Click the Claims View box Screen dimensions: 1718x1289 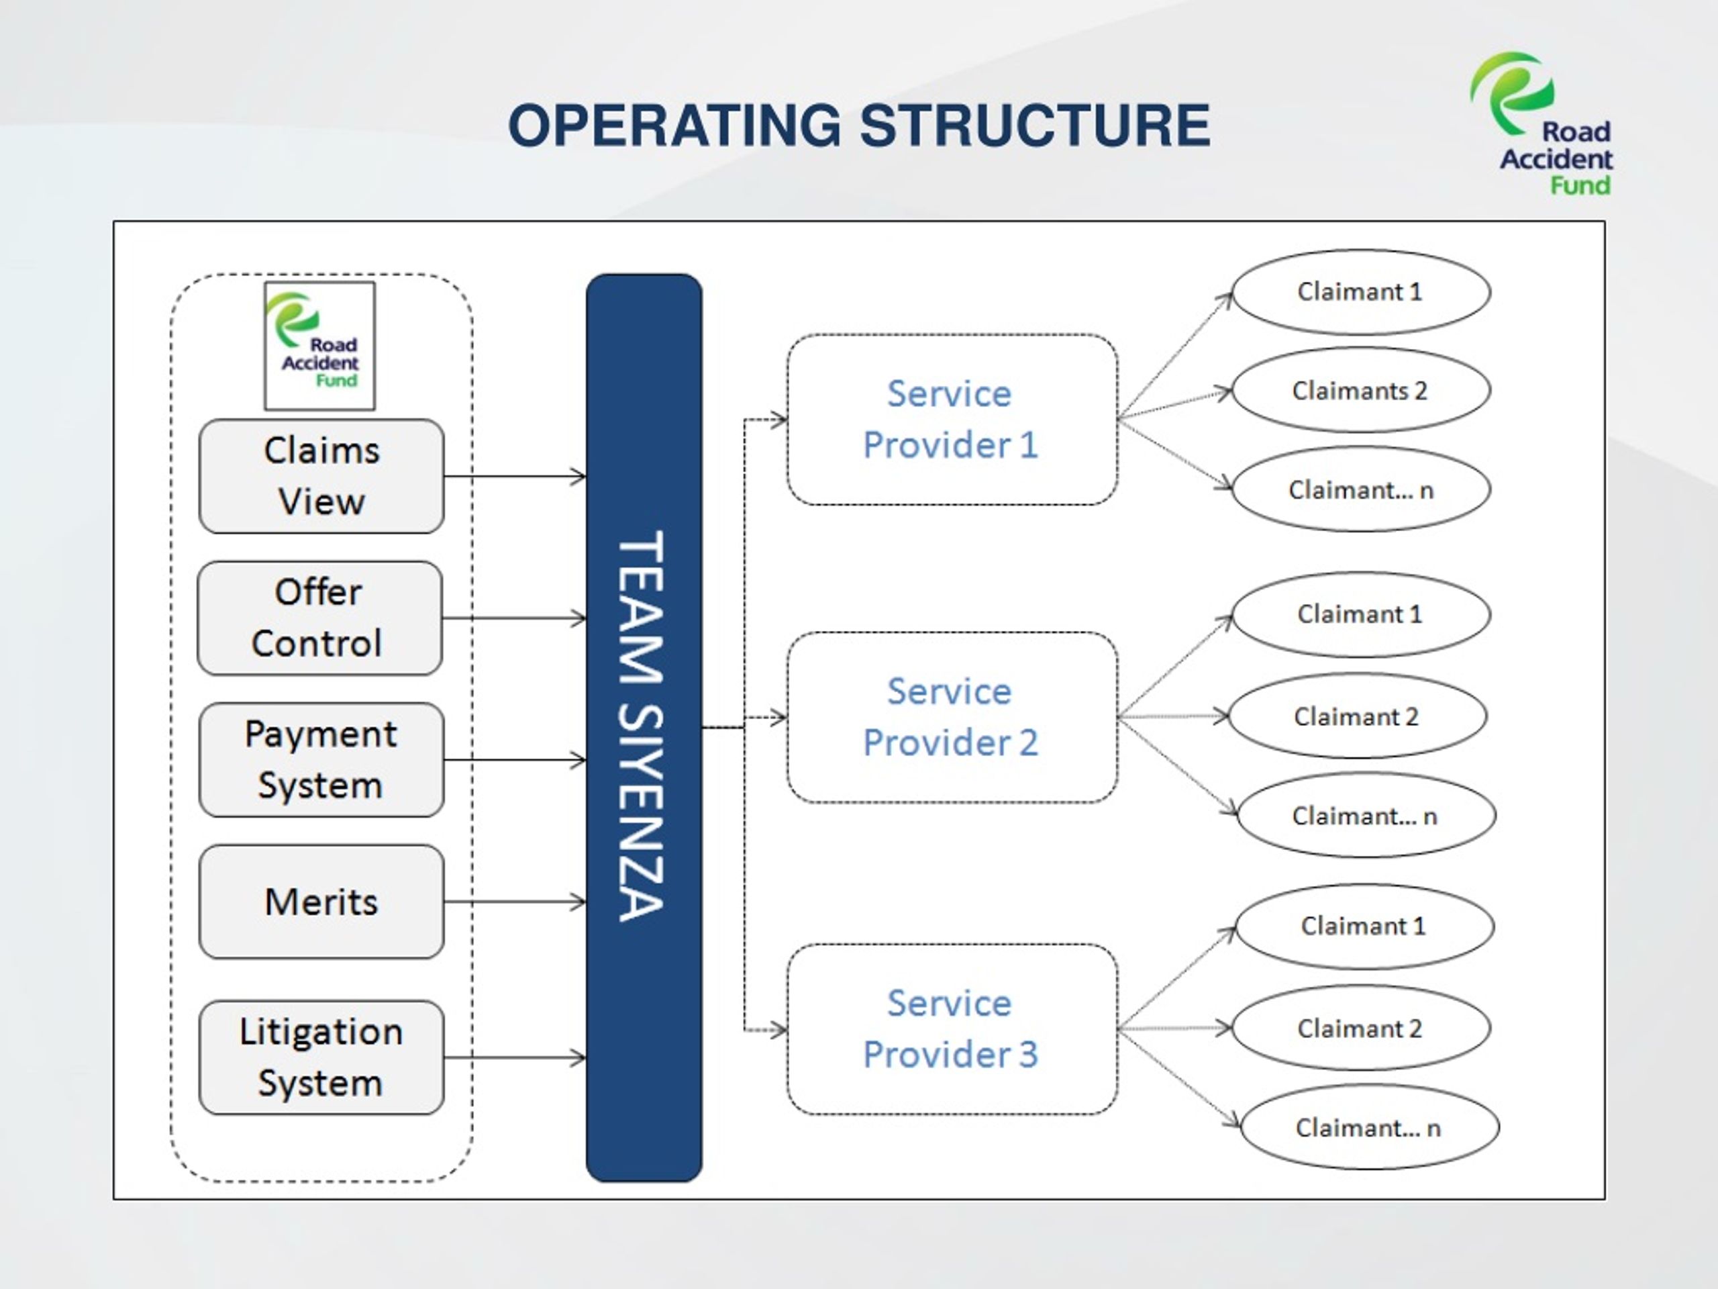[x=321, y=476]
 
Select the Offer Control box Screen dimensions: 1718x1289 [x=320, y=618]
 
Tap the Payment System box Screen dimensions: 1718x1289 [x=321, y=760]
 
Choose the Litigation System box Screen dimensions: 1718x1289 [x=321, y=1057]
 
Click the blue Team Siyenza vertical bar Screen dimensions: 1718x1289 [x=644, y=728]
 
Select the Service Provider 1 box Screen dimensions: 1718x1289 [x=952, y=420]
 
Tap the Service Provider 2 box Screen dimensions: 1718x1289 [x=952, y=717]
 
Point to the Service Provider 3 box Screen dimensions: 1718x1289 [x=952, y=1029]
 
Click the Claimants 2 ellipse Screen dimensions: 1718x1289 [x=1361, y=390]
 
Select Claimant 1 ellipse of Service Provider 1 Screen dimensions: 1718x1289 [x=1361, y=292]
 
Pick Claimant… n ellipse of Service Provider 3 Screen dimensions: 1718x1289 [x=1369, y=1127]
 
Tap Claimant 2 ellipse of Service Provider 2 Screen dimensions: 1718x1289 [x=1358, y=716]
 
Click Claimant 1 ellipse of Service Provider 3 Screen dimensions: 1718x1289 [x=1364, y=926]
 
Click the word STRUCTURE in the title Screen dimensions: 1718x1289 [x=1035, y=125]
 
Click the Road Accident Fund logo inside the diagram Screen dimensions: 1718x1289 [x=319, y=346]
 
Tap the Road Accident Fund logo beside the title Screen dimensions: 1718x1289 [x=1541, y=124]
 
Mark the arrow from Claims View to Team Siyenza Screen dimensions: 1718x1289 [x=515, y=476]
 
